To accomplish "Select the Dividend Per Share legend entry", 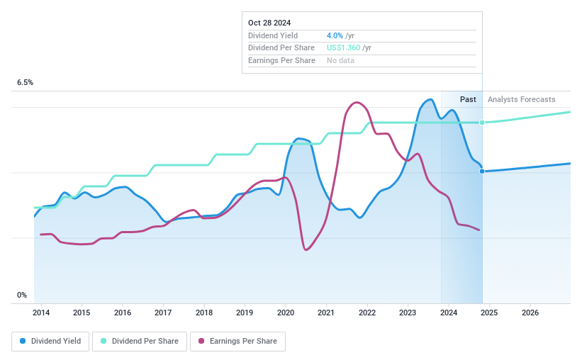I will pos(140,341).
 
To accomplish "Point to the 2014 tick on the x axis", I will pos(41,313).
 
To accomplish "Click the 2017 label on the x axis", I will pos(163,313).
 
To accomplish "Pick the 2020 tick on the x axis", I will pos(285,313).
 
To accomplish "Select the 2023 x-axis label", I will pos(408,313).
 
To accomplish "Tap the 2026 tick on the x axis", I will pos(530,313).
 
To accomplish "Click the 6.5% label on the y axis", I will pos(26,83).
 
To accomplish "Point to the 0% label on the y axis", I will pos(22,295).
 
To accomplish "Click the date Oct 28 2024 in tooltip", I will pos(269,23).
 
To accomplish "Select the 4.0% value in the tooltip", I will pos(335,35).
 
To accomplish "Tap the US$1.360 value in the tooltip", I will pos(343,47).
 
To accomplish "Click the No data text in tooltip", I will pos(340,60).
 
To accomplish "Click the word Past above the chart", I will pos(468,99).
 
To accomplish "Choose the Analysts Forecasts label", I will pos(521,99).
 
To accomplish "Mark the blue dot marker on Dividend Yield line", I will pos(482,171).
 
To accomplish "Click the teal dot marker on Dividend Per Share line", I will pos(482,123).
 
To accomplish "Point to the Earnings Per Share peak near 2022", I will pos(356,102).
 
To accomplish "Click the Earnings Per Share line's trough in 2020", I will pos(306,249).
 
